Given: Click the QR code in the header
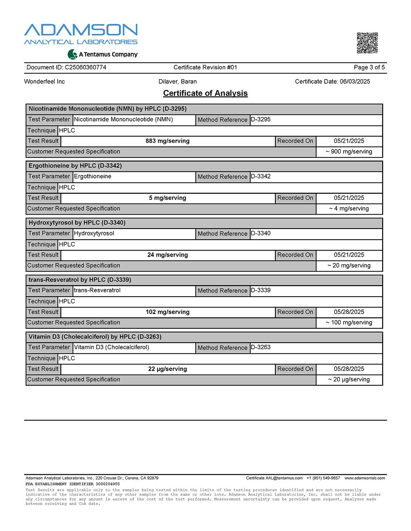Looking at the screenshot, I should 367,43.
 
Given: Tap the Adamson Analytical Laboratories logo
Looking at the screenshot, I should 81,34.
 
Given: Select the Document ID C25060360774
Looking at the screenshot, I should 66,67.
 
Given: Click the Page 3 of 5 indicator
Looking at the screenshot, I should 369,67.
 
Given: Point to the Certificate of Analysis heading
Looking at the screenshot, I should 205,93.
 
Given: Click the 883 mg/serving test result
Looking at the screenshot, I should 168,141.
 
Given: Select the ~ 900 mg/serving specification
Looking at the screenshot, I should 349,152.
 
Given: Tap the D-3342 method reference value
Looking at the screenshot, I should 261,176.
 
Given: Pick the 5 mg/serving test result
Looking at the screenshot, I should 168,198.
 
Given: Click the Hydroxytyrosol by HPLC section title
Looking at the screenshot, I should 77,223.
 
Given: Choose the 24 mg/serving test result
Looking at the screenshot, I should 168,255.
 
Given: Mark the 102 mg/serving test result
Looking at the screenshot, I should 168,312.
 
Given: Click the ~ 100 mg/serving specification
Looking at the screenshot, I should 349,323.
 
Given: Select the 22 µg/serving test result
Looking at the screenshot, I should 168,369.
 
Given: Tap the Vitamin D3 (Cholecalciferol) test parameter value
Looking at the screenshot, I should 111,348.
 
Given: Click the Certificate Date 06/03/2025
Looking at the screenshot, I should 332,82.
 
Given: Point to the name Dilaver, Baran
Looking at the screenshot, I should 178,82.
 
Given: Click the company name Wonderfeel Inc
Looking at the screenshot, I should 44,82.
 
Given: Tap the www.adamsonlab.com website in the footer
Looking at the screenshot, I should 365,478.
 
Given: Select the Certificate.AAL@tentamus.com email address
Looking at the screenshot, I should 274,478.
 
